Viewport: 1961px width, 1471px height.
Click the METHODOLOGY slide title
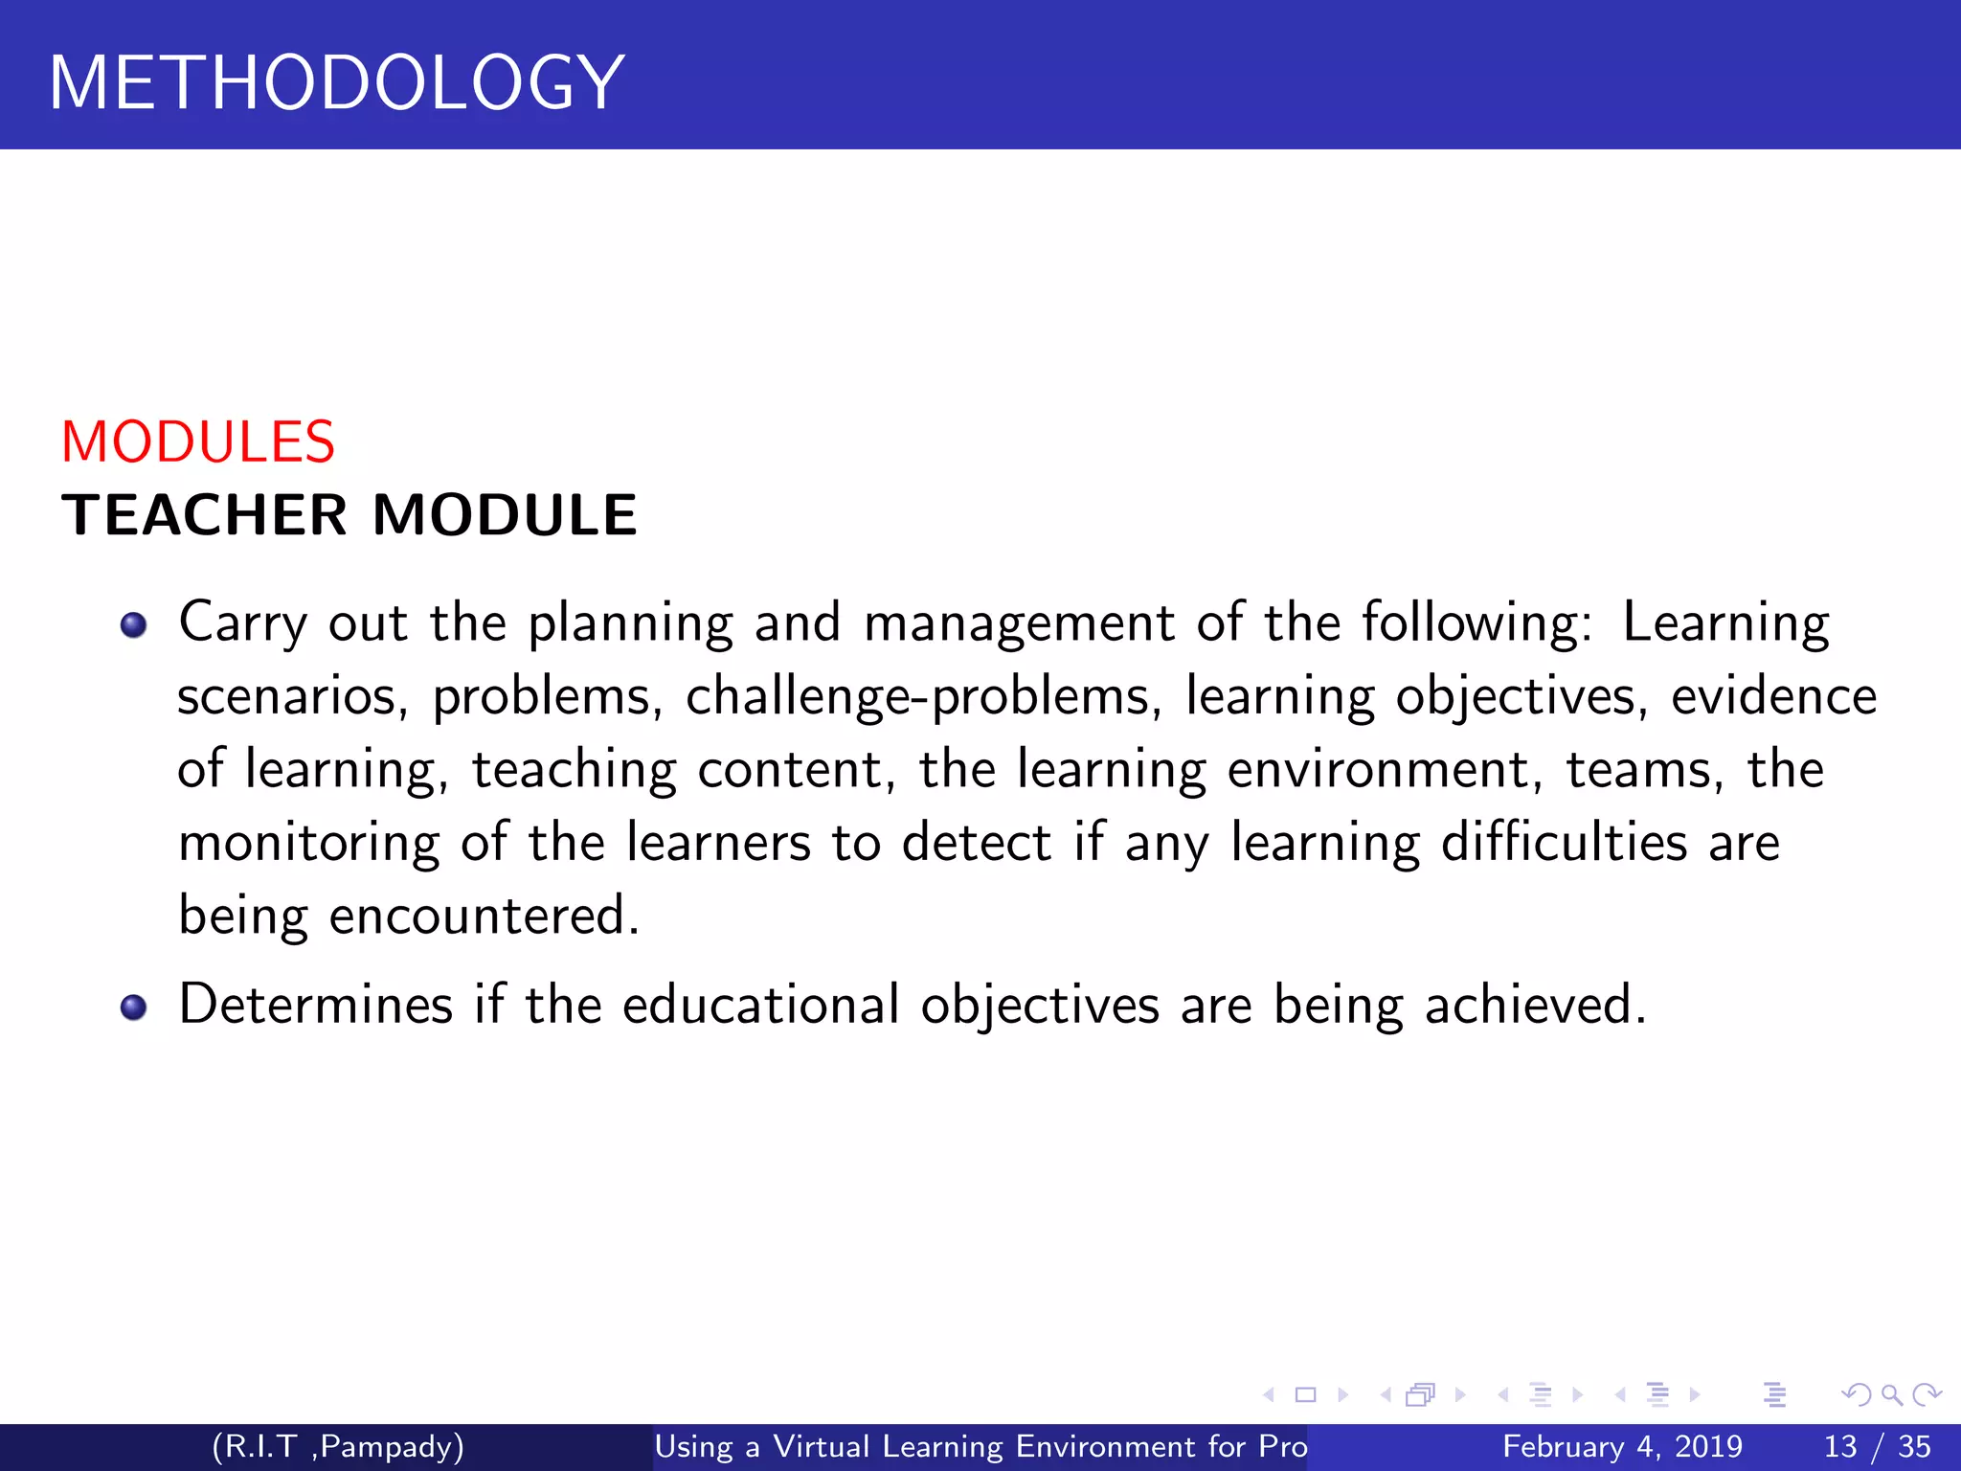click(x=336, y=82)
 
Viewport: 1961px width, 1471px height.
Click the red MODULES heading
click(x=198, y=442)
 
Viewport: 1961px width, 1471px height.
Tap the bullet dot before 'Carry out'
click(x=133, y=625)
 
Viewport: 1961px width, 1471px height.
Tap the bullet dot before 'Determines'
click(x=133, y=1007)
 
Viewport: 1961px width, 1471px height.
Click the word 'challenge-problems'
click(x=917, y=696)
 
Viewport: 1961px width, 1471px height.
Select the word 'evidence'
click(x=1773, y=696)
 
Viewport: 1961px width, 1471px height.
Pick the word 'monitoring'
click(x=308, y=844)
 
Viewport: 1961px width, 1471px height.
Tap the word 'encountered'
click(x=484, y=917)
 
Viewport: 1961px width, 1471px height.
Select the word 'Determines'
click(x=316, y=1006)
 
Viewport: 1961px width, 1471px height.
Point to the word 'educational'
click(x=761, y=1006)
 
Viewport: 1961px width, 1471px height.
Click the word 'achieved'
click(x=1535, y=1006)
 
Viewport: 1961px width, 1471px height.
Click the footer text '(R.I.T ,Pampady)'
click(x=338, y=1446)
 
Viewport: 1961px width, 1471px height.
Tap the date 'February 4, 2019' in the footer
click(x=1622, y=1446)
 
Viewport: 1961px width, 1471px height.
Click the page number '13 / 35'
click(x=1878, y=1446)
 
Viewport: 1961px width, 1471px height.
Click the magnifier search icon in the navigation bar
click(x=1891, y=1394)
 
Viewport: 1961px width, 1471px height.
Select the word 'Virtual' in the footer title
click(x=821, y=1446)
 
